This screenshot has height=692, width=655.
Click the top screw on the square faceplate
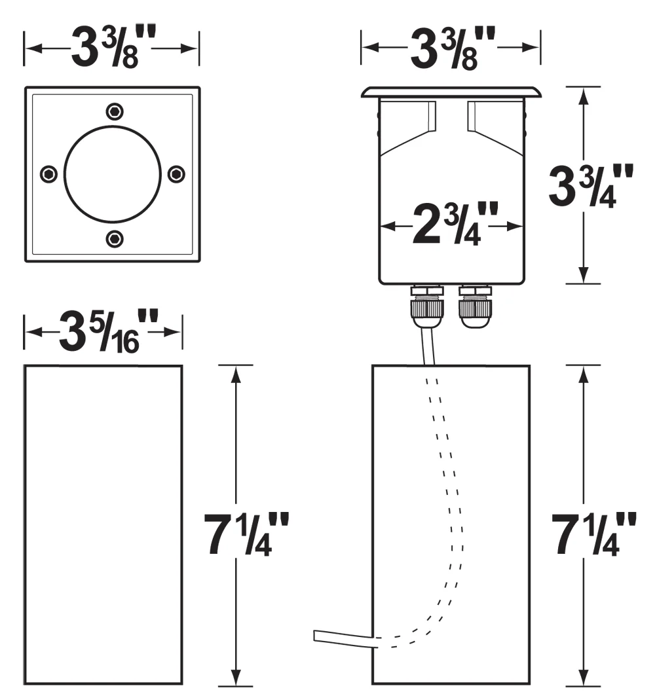[115, 112]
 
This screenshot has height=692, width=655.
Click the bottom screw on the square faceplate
[115, 239]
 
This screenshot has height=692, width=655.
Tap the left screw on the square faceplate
[48, 174]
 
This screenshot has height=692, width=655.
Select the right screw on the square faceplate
[177, 174]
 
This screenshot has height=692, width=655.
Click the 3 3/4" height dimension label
[591, 186]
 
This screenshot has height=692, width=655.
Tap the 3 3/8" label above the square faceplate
[113, 46]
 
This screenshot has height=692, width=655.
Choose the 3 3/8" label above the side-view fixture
[453, 48]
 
